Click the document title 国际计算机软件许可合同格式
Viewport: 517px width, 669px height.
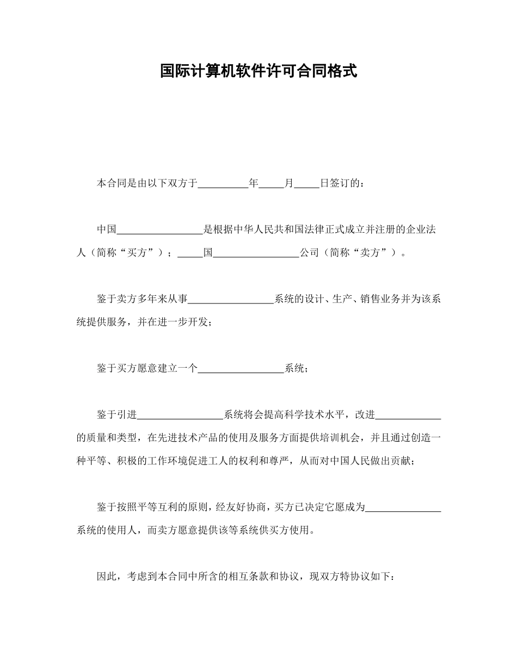(x=258, y=71)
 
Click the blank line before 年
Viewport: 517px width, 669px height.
(x=223, y=184)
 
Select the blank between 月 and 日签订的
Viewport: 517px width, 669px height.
(x=306, y=184)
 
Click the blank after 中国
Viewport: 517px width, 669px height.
(x=160, y=230)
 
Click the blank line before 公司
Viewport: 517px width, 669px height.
(x=256, y=253)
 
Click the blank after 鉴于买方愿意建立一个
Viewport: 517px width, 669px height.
(x=241, y=369)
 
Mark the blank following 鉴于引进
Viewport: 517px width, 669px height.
(x=180, y=415)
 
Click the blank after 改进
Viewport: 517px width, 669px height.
(x=408, y=415)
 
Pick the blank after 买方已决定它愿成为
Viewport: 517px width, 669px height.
(x=403, y=507)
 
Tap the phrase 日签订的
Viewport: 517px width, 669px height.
(x=340, y=184)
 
